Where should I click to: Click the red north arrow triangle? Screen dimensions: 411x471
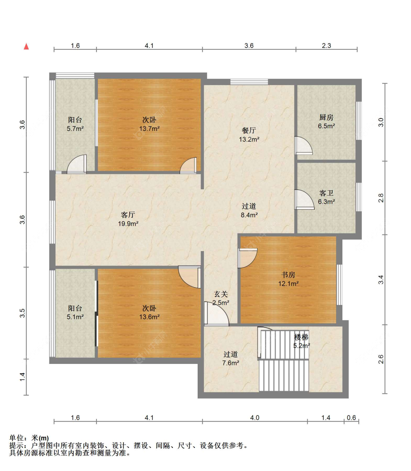click(x=26, y=46)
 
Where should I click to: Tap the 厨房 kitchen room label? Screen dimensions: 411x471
click(x=326, y=118)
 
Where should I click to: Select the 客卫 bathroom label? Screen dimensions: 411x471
click(x=326, y=193)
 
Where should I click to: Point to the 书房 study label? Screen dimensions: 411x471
click(x=288, y=275)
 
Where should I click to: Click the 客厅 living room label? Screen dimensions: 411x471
click(x=128, y=215)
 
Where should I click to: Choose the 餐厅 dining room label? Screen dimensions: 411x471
click(x=249, y=130)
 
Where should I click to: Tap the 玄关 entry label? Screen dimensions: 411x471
click(x=221, y=294)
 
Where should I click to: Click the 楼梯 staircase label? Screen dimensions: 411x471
click(x=301, y=337)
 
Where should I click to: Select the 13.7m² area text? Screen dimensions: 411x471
click(x=149, y=129)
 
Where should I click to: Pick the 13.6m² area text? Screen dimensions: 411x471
click(x=149, y=317)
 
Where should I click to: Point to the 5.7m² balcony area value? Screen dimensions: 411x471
click(x=75, y=129)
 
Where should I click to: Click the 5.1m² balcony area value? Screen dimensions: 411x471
click(x=75, y=317)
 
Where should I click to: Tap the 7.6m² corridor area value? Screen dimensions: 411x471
click(x=231, y=363)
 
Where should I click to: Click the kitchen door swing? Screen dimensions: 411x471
click(x=303, y=145)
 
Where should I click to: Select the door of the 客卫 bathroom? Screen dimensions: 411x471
click(x=304, y=200)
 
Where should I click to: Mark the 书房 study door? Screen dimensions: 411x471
click(x=247, y=258)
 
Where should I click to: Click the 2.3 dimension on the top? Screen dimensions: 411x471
click(x=326, y=46)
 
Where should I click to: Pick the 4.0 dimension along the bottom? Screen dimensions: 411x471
click(x=255, y=418)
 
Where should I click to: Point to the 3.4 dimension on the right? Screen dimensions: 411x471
click(x=381, y=280)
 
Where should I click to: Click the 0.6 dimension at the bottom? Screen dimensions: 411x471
click(x=351, y=418)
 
